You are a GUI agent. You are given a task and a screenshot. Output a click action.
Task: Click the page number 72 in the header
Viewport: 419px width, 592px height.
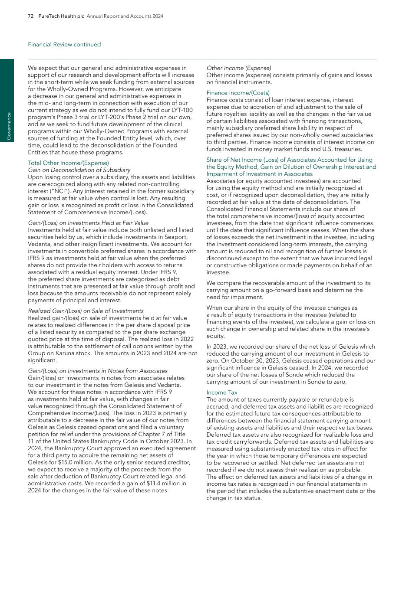tap(31, 16)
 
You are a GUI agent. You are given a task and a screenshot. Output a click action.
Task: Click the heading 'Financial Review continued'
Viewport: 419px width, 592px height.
tap(64, 45)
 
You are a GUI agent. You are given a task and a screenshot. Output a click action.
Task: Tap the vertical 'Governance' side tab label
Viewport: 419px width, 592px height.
tap(7, 126)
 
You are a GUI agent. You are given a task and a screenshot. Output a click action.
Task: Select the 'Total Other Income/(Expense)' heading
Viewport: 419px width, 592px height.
tap(62, 163)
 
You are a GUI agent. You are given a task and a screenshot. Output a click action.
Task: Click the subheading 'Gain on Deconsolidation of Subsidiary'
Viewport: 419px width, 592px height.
tap(79, 170)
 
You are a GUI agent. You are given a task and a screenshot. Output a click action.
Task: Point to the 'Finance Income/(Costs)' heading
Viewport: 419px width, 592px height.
tap(238, 93)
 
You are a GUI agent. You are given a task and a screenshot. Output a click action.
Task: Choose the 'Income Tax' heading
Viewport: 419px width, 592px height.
tap(222, 392)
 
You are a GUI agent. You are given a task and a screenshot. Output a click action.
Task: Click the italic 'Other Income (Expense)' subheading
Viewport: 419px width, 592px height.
tap(239, 68)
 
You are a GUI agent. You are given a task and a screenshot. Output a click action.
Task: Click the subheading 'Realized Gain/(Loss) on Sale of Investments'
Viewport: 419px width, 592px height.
tap(86, 311)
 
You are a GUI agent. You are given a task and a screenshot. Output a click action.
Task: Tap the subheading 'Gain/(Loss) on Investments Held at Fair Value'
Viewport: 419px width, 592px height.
tap(88, 223)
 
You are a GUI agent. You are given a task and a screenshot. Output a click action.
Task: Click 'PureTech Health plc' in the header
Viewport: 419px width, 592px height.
tap(61, 16)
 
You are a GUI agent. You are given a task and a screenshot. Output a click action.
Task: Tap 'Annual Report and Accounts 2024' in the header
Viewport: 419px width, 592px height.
tap(125, 16)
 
